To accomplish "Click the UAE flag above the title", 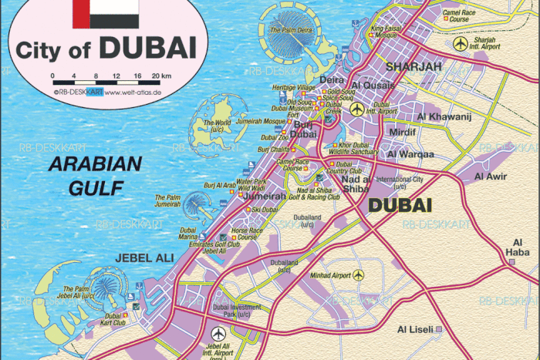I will click(x=106, y=13).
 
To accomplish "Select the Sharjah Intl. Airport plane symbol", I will click(x=461, y=43).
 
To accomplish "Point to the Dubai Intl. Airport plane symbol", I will click(x=356, y=109).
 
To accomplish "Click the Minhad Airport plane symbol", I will click(x=358, y=275).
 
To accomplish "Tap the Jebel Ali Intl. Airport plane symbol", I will click(x=219, y=333).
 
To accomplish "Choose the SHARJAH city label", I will click(x=413, y=67).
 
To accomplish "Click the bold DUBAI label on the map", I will click(x=400, y=206).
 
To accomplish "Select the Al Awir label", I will click(x=490, y=177).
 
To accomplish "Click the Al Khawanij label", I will click(x=443, y=117).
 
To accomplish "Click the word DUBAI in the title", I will click(x=147, y=49).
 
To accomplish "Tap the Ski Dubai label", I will click(x=265, y=209).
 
